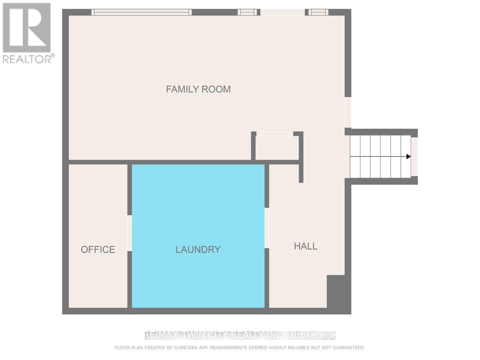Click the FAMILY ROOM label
[198, 89]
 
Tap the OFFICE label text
[98, 250]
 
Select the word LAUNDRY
[198, 250]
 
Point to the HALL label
[306, 246]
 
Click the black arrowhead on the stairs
[408, 156]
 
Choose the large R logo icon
[26, 28]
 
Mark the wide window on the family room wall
[142, 12]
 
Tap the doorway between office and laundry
[130, 233]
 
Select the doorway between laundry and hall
[267, 228]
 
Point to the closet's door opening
[275, 134]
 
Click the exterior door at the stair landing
[414, 156]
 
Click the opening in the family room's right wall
[348, 112]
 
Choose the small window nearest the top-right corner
[318, 12]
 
